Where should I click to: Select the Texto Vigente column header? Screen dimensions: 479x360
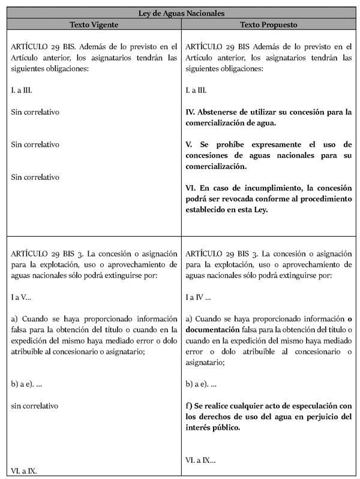[x=94, y=25]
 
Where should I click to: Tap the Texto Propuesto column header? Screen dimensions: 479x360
[x=268, y=25]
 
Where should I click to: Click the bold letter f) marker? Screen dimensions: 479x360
[x=190, y=406]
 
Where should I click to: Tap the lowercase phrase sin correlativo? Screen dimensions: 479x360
[x=35, y=406]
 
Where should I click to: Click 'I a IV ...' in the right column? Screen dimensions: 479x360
[x=199, y=296]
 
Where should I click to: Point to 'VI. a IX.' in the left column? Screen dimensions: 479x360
[x=24, y=471]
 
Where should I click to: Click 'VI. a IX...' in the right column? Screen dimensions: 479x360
[x=200, y=460]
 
